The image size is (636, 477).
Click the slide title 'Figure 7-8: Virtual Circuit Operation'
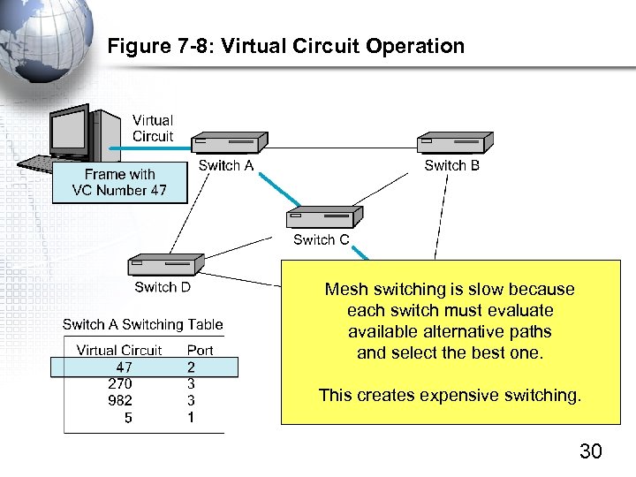[x=285, y=47]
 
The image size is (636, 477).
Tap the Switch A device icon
[x=230, y=141]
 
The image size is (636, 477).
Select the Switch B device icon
[x=455, y=141]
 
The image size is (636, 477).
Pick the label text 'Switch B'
[x=451, y=165]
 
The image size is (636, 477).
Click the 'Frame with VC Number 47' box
[x=119, y=183]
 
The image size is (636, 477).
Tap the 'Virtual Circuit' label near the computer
[x=153, y=128]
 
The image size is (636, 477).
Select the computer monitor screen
[x=68, y=133]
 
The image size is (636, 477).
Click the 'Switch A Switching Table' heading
[x=142, y=324]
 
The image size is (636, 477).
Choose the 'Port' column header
[x=200, y=350]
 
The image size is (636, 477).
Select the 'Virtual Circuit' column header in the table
[x=119, y=350]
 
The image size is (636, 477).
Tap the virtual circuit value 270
[x=120, y=384]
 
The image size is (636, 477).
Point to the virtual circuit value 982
[x=120, y=401]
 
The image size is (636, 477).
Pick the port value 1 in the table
[x=191, y=418]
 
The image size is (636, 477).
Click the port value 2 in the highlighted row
[x=191, y=367]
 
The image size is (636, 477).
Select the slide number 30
[x=590, y=452]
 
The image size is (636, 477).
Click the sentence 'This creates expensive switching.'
[x=450, y=395]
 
